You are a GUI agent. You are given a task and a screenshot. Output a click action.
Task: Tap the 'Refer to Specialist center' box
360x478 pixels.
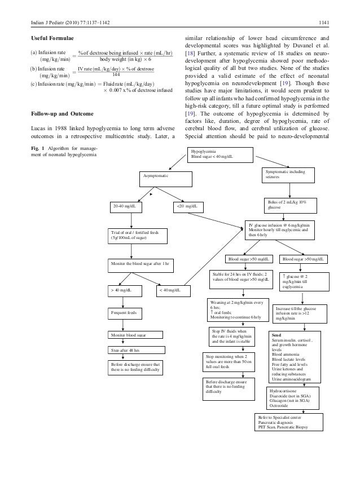290,421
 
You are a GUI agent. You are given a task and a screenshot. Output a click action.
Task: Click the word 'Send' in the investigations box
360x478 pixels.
276,334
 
